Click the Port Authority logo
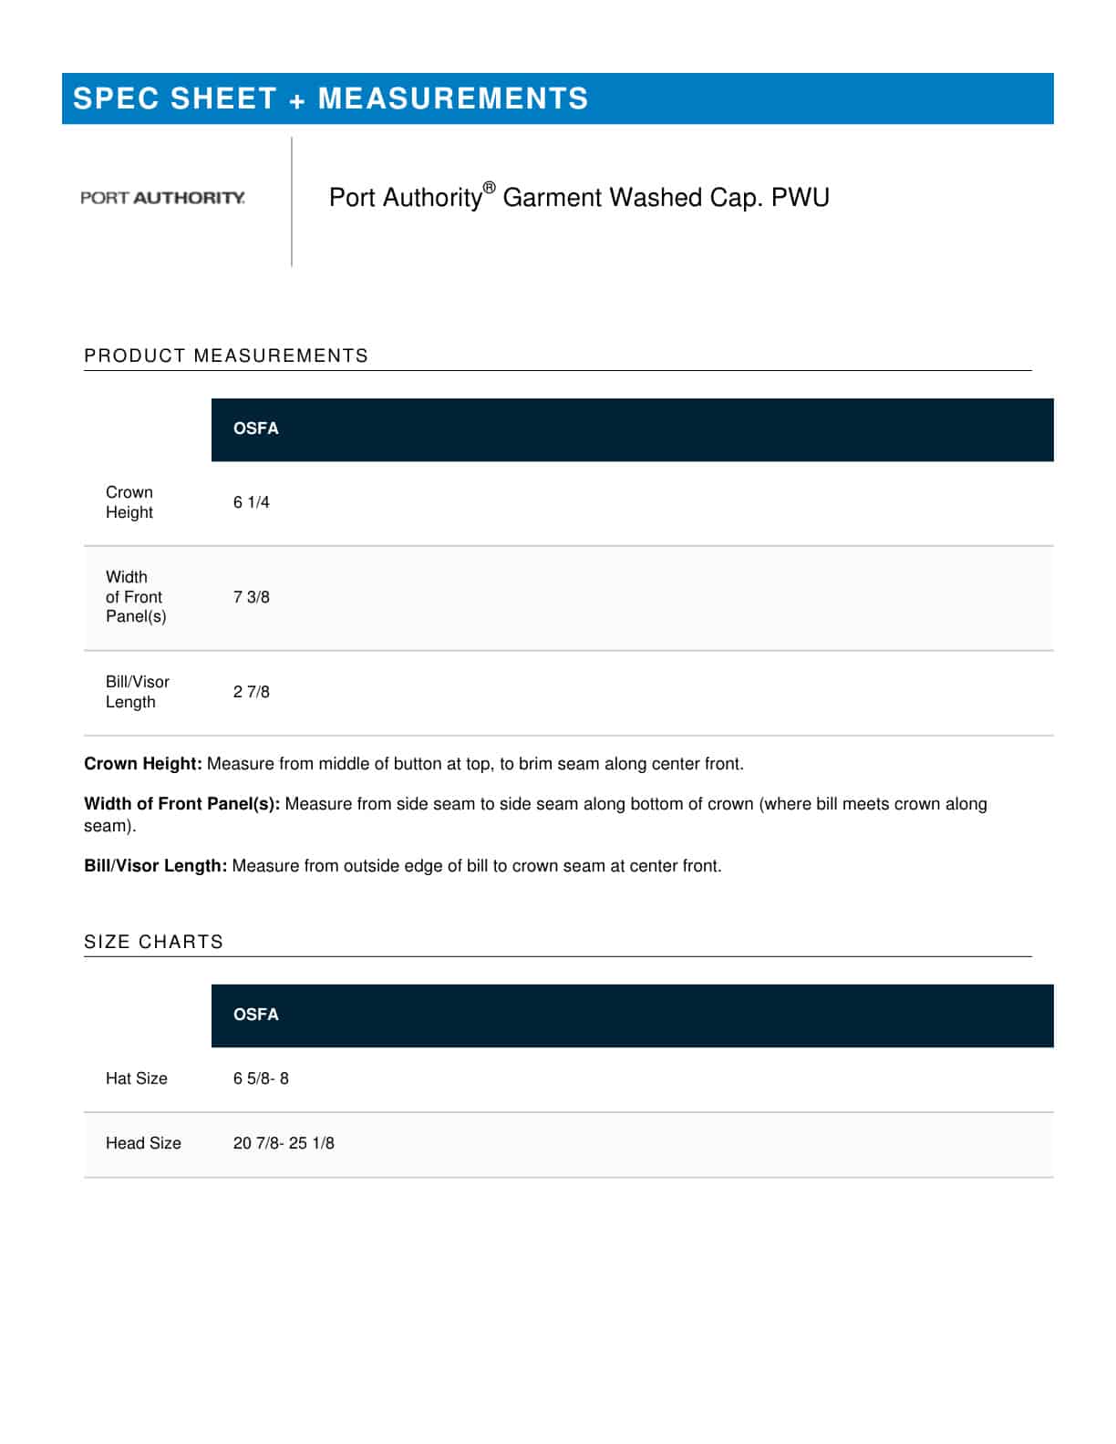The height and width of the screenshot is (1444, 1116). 162,198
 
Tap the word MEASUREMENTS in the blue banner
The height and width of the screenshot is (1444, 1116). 453,98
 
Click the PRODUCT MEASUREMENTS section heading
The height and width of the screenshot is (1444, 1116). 226,356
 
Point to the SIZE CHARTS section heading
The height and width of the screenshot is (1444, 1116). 153,942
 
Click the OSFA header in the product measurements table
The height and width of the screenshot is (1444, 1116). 256,428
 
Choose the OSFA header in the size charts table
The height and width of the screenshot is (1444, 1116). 256,1015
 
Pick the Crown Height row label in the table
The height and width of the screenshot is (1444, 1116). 129,502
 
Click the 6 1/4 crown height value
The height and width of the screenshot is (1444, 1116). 252,502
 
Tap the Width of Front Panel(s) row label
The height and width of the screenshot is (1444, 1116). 136,597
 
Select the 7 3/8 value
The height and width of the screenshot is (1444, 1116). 252,597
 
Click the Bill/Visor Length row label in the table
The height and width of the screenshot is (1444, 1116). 138,692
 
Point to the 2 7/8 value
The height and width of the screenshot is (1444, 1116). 252,692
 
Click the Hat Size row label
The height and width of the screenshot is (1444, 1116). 137,1078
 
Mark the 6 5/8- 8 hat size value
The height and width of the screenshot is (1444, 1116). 261,1078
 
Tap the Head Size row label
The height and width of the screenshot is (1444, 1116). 143,1143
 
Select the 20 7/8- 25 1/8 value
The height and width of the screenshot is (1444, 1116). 284,1143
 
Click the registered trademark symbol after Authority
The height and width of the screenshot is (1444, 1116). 489,188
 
